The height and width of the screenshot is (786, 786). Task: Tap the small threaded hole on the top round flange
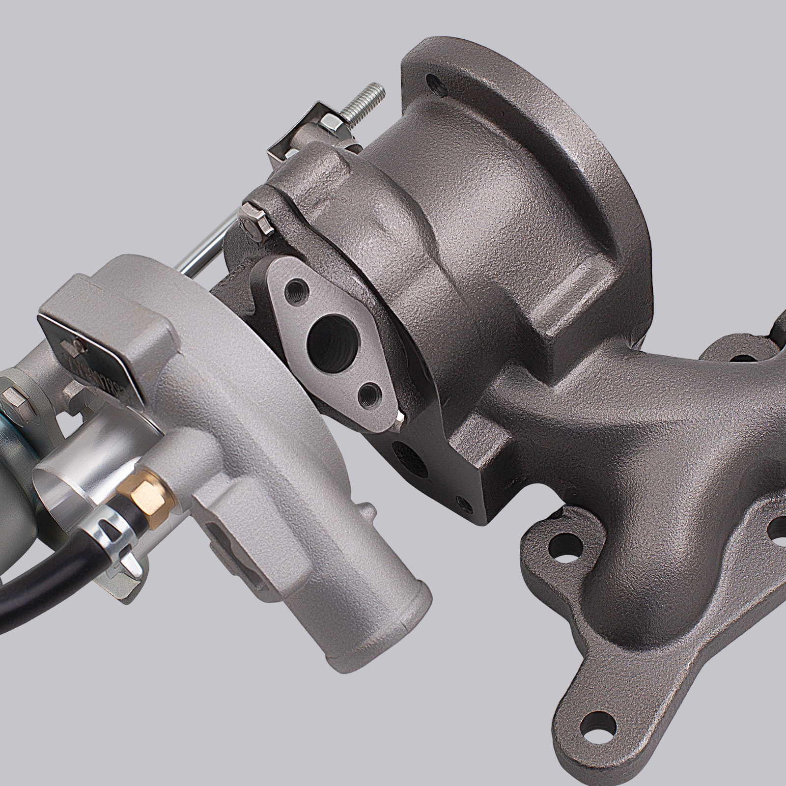432,80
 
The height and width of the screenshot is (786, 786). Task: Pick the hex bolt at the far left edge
11,397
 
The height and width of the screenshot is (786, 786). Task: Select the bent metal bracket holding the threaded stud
295,133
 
